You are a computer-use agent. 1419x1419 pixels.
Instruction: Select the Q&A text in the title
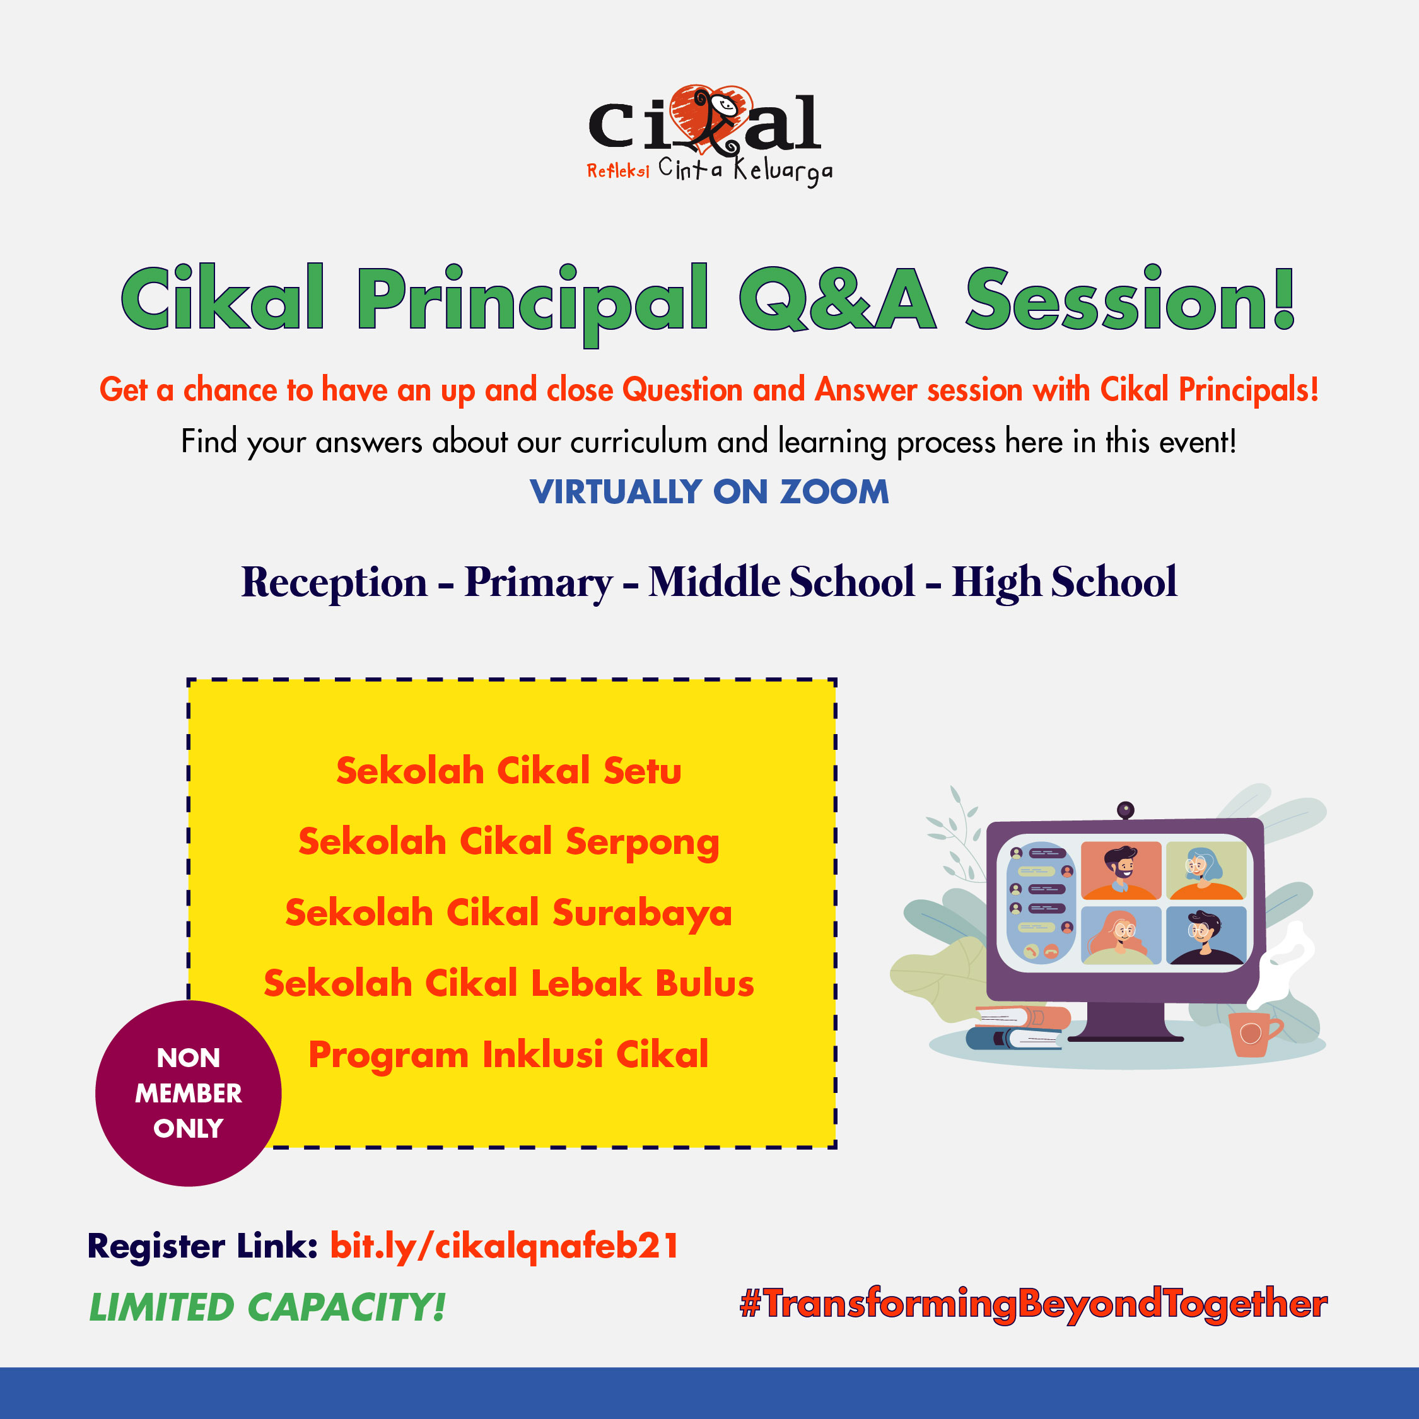click(x=838, y=299)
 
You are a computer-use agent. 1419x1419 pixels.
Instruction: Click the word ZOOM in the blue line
click(x=834, y=491)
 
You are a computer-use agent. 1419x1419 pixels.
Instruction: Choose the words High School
click(x=1065, y=583)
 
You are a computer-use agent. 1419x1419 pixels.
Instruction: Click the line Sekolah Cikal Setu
click(x=509, y=771)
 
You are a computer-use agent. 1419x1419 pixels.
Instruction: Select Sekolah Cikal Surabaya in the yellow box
click(x=509, y=913)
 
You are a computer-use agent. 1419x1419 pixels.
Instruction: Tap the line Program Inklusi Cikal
click(x=509, y=1054)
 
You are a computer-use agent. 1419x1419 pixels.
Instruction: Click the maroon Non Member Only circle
click(x=189, y=1094)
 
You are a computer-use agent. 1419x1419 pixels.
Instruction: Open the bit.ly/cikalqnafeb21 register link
click(x=505, y=1246)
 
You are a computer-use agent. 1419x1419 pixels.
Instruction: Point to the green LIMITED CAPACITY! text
click(x=267, y=1308)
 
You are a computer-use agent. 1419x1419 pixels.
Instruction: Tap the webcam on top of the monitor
click(x=1125, y=810)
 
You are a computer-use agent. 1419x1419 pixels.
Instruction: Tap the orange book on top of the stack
click(x=1022, y=1017)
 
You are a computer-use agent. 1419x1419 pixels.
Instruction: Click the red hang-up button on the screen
click(x=1051, y=951)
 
